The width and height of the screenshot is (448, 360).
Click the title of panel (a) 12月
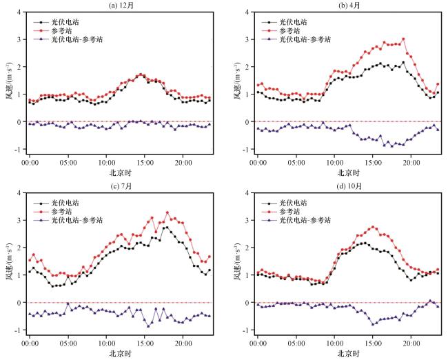point(121,6)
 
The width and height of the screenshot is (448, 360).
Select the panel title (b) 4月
point(349,6)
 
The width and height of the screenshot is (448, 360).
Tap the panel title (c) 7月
point(121,186)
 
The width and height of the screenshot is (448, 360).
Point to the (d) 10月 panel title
point(349,186)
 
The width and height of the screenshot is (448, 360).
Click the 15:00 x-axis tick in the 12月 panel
point(145,163)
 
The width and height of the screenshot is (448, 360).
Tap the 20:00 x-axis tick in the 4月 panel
point(411,163)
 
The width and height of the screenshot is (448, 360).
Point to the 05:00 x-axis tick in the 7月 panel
point(68,343)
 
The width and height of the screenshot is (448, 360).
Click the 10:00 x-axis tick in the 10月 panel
point(334,343)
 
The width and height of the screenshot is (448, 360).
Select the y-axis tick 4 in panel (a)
point(19,12)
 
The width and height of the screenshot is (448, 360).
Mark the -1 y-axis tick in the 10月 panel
point(246,330)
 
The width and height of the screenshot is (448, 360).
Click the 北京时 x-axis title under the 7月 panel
point(121,353)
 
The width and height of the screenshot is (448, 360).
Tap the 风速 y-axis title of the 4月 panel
point(238,81)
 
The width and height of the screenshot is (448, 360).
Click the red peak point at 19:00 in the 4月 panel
point(403,39)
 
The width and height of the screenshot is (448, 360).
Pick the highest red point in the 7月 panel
point(167,212)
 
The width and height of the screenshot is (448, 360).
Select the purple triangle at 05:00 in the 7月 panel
point(68,303)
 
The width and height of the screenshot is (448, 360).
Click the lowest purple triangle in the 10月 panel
point(373,324)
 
